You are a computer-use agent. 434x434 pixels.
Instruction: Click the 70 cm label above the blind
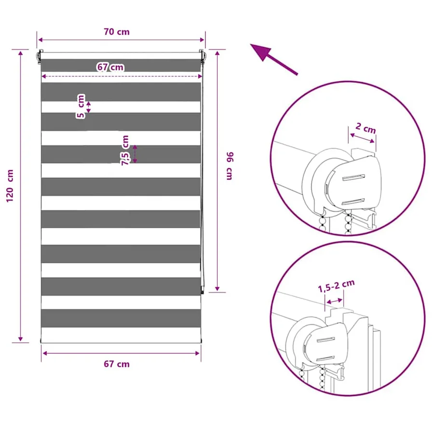coord(117,32)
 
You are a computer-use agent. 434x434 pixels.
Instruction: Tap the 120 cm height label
coord(10,186)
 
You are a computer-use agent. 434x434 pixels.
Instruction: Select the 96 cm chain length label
coord(230,166)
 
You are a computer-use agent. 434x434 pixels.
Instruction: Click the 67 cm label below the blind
coord(117,364)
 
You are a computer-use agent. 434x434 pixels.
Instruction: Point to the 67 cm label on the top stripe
coord(110,67)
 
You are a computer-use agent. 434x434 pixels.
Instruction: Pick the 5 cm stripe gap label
coord(81,106)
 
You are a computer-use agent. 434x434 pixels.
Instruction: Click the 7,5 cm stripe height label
coord(125,150)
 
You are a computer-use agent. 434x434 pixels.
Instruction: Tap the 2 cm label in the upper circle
coord(366,128)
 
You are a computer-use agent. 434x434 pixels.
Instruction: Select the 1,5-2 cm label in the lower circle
coord(336,286)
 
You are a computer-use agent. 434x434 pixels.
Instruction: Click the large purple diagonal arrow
coord(274,59)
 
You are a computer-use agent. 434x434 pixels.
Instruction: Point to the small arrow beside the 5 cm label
coord(89,107)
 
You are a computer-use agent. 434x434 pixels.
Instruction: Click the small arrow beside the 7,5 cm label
coord(135,154)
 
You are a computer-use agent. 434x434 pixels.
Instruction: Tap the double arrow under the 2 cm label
coord(362,138)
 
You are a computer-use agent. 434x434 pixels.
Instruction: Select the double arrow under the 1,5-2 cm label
coord(334,301)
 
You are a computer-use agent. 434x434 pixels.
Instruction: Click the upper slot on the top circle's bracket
coord(354,177)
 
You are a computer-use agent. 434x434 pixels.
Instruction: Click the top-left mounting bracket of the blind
coord(40,57)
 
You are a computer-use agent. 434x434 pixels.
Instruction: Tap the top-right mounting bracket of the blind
coord(202,57)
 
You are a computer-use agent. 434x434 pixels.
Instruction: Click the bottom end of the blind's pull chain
coord(203,292)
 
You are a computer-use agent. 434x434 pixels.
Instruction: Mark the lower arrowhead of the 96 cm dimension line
coord(217,289)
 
